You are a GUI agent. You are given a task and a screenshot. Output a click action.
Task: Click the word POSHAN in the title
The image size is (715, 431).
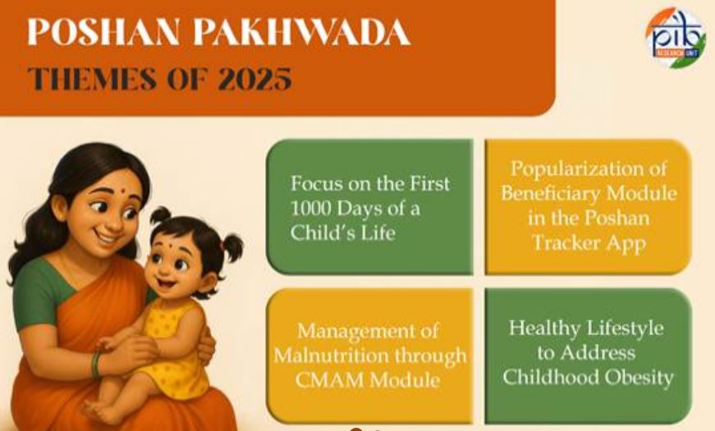pos(103,32)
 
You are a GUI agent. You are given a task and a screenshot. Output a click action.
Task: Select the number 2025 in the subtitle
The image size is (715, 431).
pos(254,79)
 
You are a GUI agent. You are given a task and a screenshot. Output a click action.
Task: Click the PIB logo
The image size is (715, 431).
pos(675,38)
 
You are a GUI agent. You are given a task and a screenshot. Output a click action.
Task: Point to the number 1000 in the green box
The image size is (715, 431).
pos(309,209)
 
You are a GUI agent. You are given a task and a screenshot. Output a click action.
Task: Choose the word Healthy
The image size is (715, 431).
pos(543,328)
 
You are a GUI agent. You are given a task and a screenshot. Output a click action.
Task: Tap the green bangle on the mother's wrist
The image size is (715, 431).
pos(95,364)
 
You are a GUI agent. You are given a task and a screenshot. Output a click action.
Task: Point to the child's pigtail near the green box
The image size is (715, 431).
pos(231,247)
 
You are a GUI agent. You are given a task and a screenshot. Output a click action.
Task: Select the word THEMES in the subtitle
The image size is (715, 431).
pos(91,79)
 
